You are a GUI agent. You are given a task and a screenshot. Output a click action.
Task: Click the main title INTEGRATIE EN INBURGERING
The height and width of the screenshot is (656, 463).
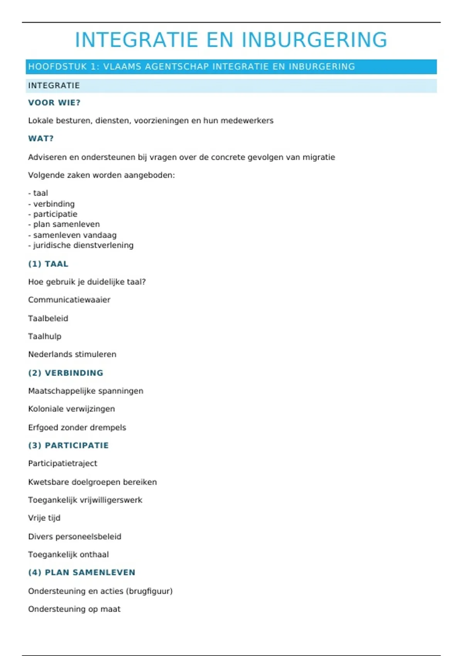(x=231, y=40)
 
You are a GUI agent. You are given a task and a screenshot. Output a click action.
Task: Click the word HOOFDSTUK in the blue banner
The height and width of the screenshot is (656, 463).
(x=57, y=67)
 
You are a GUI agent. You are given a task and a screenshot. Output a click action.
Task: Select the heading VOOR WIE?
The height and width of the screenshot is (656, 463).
(x=54, y=103)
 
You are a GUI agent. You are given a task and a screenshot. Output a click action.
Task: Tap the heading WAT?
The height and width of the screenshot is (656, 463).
(x=41, y=139)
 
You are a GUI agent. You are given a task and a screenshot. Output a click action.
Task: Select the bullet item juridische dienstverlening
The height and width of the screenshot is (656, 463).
(x=83, y=245)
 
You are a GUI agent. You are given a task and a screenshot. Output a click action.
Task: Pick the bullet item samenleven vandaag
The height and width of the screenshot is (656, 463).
(x=74, y=235)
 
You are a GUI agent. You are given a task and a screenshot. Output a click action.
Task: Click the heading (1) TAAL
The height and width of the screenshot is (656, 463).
(x=48, y=264)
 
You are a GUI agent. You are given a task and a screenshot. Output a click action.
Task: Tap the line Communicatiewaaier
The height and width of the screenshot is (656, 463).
(x=69, y=300)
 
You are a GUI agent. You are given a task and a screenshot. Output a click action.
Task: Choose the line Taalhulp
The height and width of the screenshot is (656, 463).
(x=44, y=336)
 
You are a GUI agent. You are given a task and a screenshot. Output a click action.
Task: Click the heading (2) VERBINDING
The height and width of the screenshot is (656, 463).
(x=66, y=373)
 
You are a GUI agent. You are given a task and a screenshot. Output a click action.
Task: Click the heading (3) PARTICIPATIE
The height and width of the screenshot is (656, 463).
(x=68, y=445)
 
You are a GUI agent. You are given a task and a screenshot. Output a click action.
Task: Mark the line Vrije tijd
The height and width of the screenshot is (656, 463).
(x=44, y=518)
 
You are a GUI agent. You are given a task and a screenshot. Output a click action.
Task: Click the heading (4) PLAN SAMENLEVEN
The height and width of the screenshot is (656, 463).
(x=81, y=572)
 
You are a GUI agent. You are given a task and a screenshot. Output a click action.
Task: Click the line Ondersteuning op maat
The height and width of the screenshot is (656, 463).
(x=74, y=609)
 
